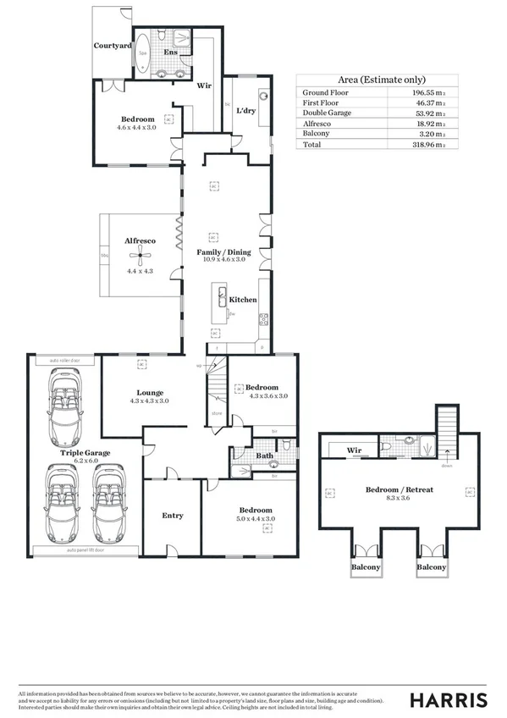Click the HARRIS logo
pyautogui.click(x=449, y=699)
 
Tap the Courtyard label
pyautogui.click(x=111, y=45)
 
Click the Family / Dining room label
pyautogui.click(x=223, y=252)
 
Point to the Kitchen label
pyautogui.click(x=243, y=300)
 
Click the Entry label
pyautogui.click(x=173, y=515)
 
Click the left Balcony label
pyautogui.click(x=366, y=566)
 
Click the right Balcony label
pyautogui.click(x=431, y=566)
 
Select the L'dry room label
pyautogui.click(x=246, y=110)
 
